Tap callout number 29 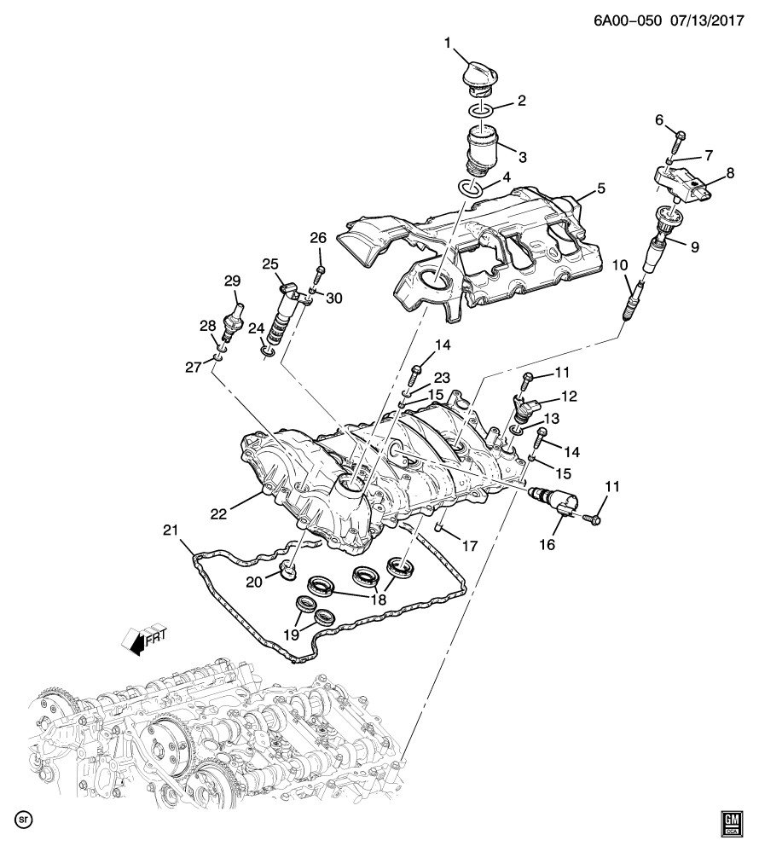(x=232, y=281)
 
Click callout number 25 (x=271, y=265)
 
